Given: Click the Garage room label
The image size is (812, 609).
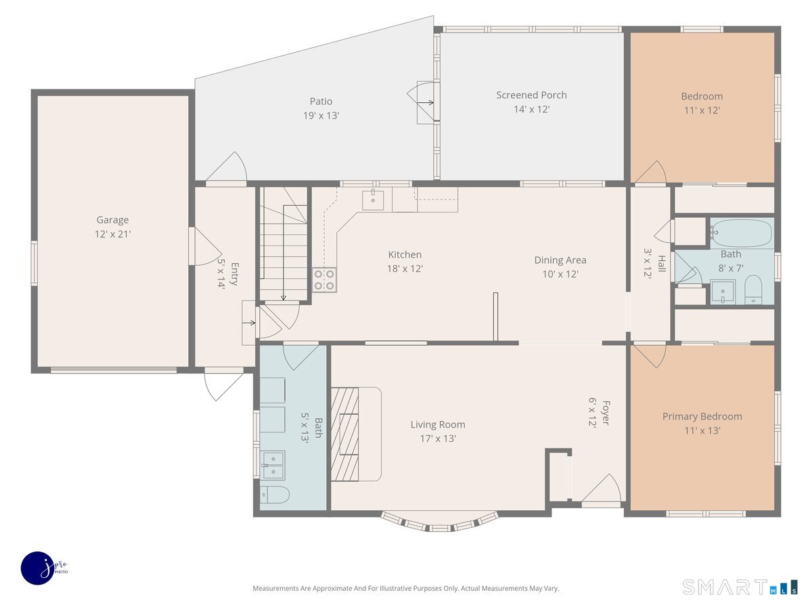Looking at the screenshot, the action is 112,220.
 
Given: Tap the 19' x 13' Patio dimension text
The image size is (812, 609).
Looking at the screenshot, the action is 321,116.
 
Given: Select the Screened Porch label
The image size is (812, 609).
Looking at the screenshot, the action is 531,95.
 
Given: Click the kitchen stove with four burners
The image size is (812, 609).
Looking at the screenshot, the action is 324,280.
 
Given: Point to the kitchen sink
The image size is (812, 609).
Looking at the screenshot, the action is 373,200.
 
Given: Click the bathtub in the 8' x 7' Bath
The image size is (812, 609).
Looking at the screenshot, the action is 742,233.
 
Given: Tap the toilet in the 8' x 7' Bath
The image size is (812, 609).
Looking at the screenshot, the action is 753,290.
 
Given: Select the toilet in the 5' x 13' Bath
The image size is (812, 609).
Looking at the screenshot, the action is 275,495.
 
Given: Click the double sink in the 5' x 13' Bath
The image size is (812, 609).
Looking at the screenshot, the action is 273,466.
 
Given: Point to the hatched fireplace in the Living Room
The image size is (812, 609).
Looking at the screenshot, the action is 344,434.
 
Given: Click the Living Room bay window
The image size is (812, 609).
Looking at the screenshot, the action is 439,522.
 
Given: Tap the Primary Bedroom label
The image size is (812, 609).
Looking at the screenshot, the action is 702,416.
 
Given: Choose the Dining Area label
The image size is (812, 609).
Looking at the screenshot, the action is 560,260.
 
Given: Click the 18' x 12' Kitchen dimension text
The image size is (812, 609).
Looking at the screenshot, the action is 405,269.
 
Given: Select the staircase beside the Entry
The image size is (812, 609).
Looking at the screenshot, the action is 284,244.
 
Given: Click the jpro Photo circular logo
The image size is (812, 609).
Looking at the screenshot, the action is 38,568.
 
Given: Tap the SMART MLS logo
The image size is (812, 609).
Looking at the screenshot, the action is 740,587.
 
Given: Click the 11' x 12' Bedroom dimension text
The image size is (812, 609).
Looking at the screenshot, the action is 702,110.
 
